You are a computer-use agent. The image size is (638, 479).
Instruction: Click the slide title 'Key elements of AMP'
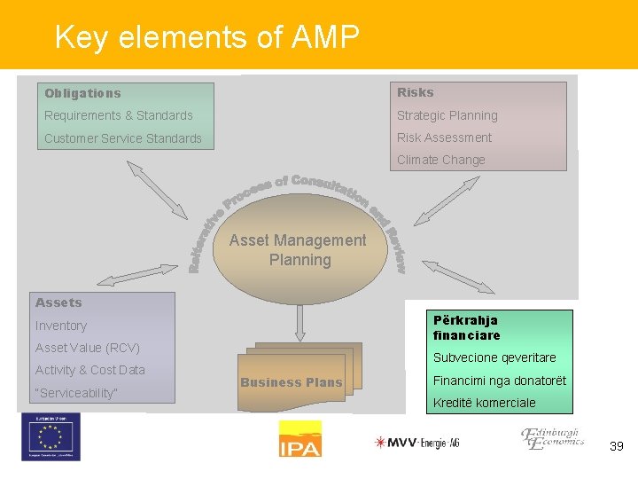pos(206,37)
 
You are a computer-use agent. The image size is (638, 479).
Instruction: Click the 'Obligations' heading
pos(82,93)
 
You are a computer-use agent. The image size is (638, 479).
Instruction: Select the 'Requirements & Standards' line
pos(119,115)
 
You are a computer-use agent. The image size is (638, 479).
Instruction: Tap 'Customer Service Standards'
pos(123,138)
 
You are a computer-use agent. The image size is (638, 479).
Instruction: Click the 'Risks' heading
pos(416,92)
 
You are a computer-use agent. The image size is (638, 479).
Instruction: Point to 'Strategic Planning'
pos(447,115)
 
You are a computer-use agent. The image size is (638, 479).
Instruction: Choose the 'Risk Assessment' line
pos(444,137)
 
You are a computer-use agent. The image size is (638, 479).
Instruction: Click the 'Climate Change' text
pos(441,160)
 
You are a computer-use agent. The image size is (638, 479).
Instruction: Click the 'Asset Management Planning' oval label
pos(299,250)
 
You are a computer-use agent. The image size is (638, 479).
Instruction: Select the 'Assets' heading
pos(58,302)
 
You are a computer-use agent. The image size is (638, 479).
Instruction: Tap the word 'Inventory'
pos(61,326)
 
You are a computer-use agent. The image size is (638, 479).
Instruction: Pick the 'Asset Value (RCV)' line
pos(88,348)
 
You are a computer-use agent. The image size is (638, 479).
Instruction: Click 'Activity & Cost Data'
pos(90,370)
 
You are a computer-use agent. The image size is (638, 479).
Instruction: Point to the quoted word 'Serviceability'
pos(76,393)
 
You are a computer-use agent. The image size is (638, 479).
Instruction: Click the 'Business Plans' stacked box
pos(292,382)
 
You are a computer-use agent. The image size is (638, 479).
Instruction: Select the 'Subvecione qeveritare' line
pos(494,357)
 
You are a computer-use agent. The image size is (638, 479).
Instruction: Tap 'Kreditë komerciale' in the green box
pos(485,403)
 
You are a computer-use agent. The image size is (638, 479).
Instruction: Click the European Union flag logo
pos(51,437)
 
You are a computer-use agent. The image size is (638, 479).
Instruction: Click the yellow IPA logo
pos(300,439)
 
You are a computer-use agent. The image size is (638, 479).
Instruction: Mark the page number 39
pos(617,446)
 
